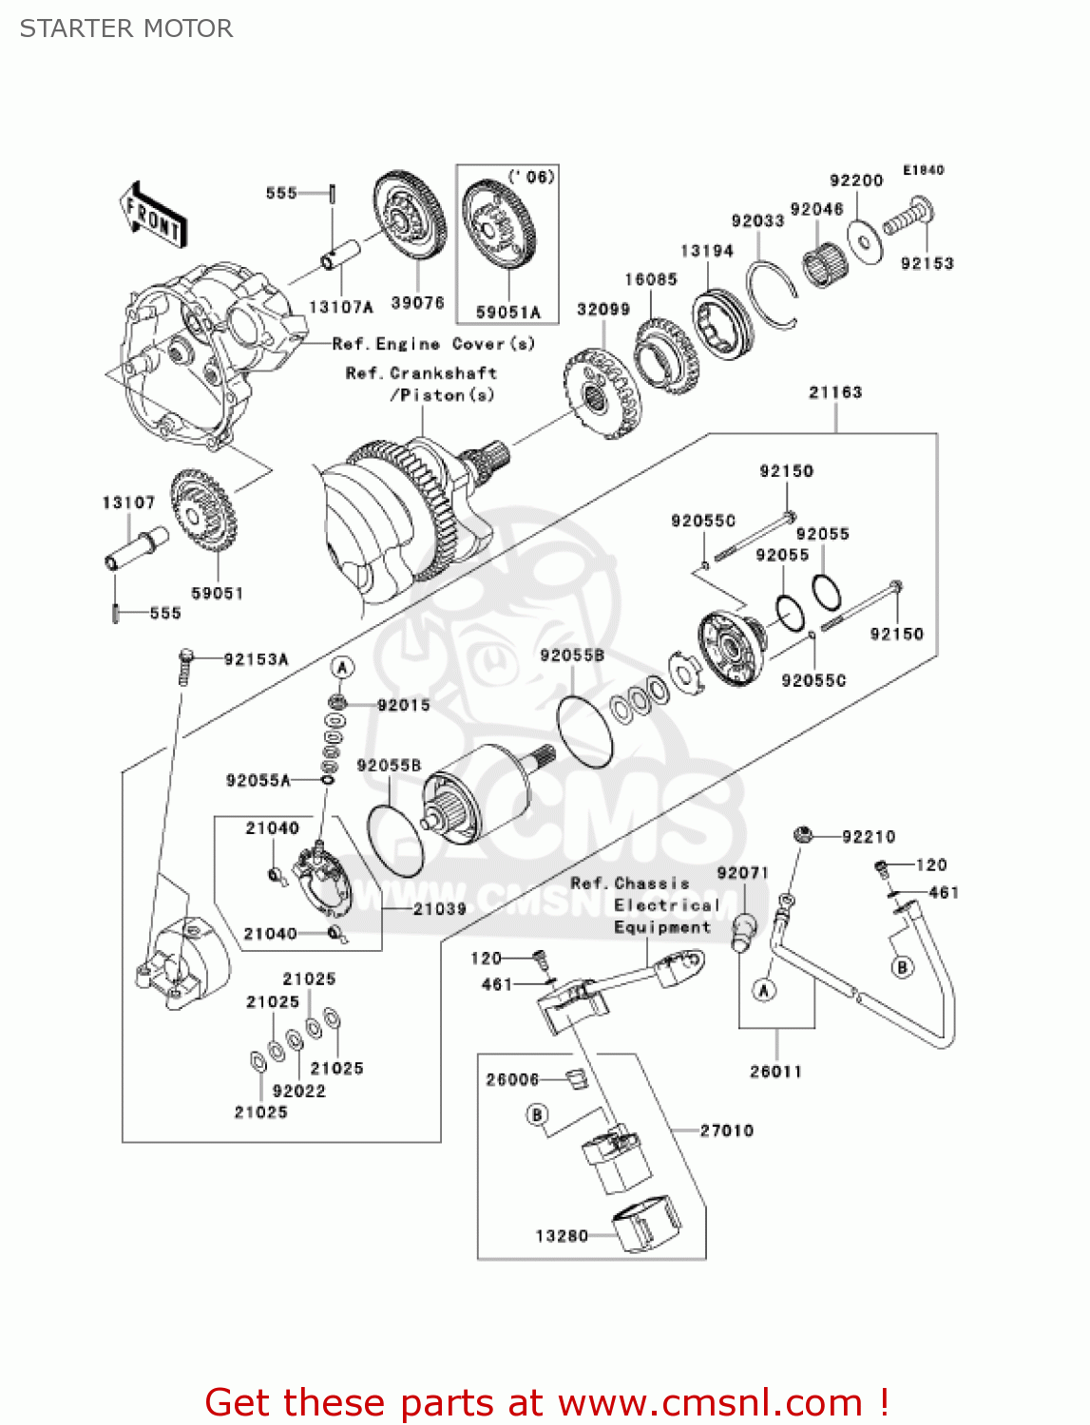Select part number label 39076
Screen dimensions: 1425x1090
417,303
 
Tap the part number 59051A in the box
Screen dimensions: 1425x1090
507,312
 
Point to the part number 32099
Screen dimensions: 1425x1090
602,310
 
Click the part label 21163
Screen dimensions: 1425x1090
834,392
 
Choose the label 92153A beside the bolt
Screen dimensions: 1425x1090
256,659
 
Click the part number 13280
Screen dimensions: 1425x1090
562,1235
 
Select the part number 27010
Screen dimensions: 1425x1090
726,1130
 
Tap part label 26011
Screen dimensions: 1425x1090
775,1072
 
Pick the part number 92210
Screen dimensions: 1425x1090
868,836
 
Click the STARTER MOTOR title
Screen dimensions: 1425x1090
126,28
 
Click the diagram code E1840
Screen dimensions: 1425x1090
923,170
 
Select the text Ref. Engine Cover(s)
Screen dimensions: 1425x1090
433,344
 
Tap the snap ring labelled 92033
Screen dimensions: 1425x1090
772,294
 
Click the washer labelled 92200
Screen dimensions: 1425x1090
866,243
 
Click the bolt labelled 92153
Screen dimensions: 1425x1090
908,218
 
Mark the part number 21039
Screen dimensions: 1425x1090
439,909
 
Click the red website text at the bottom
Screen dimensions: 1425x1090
546,1402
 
